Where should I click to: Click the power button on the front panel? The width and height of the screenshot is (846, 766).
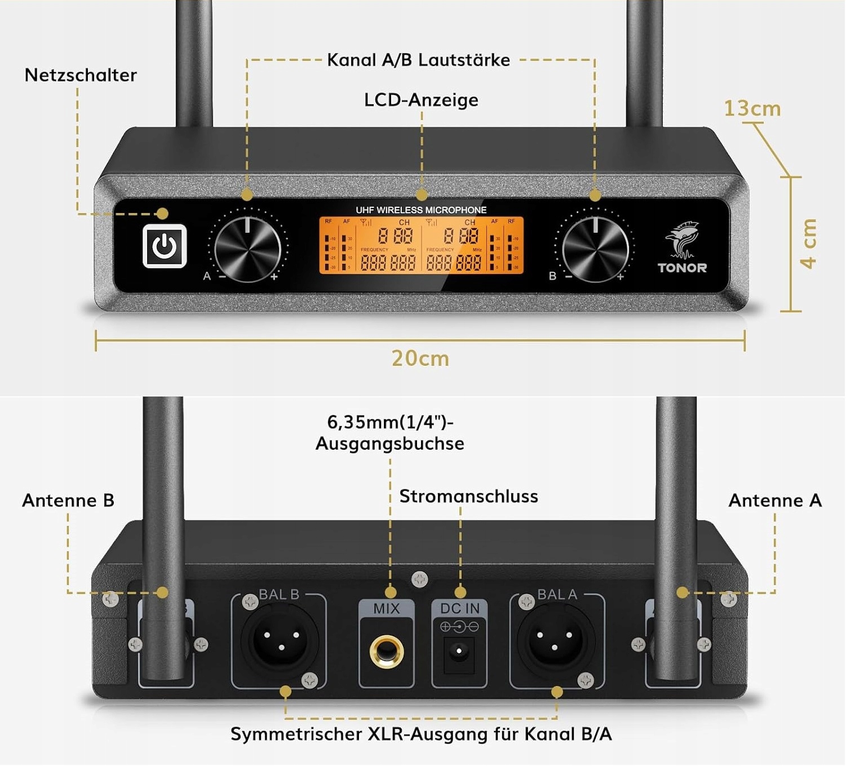coord(165,246)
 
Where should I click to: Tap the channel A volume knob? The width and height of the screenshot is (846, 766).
coord(247,249)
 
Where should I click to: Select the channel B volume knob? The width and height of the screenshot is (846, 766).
coord(595,249)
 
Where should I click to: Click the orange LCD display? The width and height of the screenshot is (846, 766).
coord(422,246)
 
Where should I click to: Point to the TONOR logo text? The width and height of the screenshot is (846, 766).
coord(682,268)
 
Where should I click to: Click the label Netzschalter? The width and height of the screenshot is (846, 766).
coord(81,75)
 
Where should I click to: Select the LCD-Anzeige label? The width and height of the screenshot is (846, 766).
coord(421,100)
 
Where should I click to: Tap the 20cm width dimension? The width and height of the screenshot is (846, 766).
coord(420,358)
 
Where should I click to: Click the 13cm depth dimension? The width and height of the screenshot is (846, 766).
coord(752,108)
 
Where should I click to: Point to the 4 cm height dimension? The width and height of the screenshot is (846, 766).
coord(809,243)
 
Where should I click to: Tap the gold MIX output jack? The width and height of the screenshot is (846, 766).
coord(386,652)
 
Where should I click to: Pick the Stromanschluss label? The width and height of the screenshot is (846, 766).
coord(468,497)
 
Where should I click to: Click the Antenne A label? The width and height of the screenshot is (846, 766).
coord(775,501)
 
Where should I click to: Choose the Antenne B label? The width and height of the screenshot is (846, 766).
coord(68,501)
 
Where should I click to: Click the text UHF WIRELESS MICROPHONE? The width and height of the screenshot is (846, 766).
coord(421,210)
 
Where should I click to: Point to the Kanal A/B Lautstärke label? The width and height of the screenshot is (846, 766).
coord(418,60)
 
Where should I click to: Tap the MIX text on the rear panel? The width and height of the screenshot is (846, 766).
coord(387,609)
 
